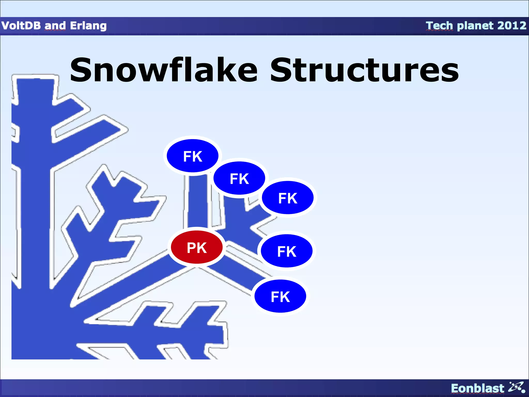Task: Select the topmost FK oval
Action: [192, 156]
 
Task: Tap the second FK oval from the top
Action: [239, 178]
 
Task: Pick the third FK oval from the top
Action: [287, 198]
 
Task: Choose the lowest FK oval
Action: [280, 296]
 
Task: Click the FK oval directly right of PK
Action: [286, 251]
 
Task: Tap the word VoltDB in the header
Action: [21, 26]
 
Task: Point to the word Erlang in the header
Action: [88, 26]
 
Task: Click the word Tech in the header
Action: [439, 26]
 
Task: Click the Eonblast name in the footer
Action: [477, 388]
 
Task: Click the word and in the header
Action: [55, 26]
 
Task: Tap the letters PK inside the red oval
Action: [197, 248]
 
